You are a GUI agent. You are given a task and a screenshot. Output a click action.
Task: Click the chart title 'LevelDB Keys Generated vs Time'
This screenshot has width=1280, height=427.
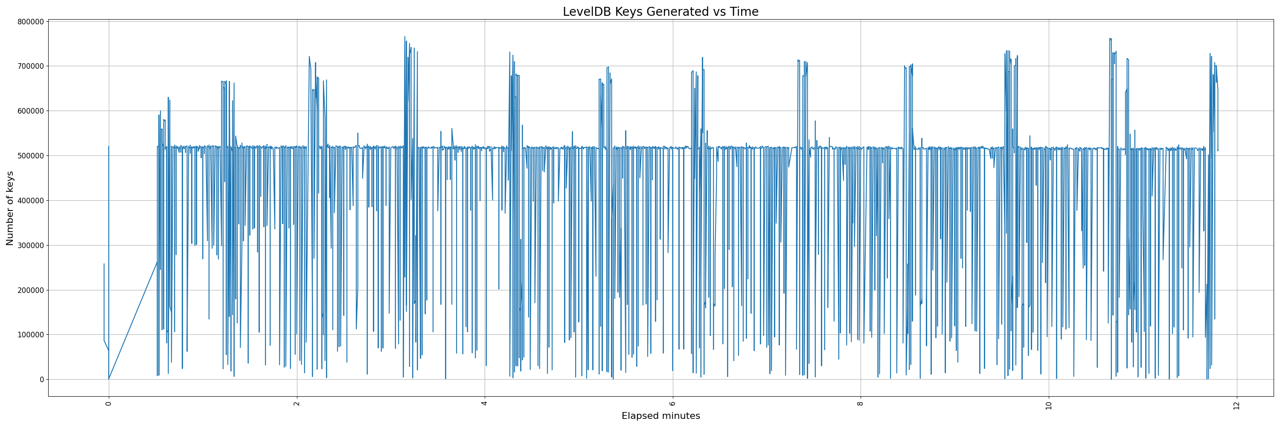(x=660, y=12)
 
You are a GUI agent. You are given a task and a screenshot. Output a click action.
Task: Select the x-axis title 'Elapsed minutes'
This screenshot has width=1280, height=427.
(x=660, y=416)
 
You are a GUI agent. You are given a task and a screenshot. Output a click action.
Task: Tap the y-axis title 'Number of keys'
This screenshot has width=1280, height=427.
(x=10, y=208)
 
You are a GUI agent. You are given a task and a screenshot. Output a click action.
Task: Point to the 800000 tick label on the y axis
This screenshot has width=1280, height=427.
(x=30, y=21)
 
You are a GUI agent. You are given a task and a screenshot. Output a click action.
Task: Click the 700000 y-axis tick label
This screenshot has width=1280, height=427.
(x=30, y=66)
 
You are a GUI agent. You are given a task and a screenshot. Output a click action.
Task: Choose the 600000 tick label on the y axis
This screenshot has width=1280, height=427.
(x=30, y=111)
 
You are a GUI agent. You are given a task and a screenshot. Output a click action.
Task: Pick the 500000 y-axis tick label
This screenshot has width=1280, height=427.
(x=30, y=155)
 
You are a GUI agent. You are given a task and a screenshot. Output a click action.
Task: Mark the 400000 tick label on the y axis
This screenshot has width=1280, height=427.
(x=30, y=200)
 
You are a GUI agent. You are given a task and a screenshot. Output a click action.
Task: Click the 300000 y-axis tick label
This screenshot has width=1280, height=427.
(x=30, y=245)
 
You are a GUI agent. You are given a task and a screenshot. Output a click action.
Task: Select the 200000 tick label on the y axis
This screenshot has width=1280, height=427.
(x=30, y=290)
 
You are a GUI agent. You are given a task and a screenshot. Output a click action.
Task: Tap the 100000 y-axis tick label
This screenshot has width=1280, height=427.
(x=30, y=334)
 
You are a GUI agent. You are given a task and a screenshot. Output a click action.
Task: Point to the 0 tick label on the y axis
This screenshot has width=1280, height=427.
(x=42, y=379)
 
